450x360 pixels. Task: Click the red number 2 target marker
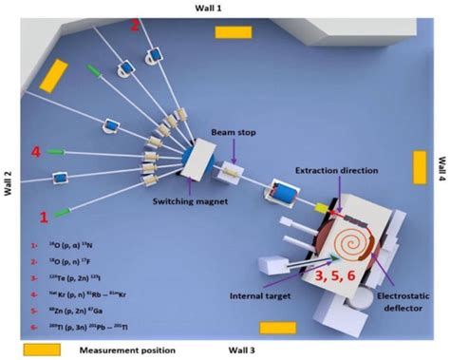point(136,26)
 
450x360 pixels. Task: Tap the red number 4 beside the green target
point(36,151)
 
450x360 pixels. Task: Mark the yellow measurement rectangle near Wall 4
point(420,167)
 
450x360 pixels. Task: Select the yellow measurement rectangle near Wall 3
point(279,328)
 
